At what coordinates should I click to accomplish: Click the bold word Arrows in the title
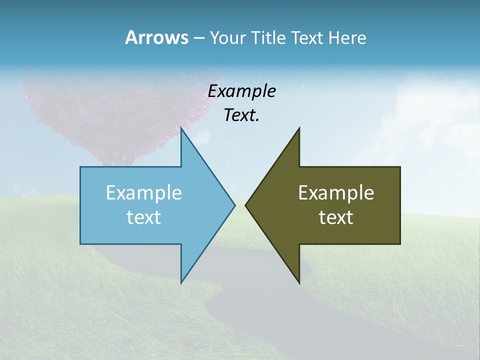click(156, 37)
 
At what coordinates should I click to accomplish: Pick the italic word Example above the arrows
click(241, 91)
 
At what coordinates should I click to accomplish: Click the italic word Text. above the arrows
click(241, 115)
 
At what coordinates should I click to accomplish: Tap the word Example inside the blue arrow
click(144, 193)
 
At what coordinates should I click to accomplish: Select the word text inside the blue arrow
click(144, 217)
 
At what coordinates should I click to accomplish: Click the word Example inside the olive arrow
click(336, 193)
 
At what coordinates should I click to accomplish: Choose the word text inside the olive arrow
click(336, 217)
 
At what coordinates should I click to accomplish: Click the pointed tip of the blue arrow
click(234, 205)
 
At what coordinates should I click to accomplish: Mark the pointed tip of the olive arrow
click(246, 205)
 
